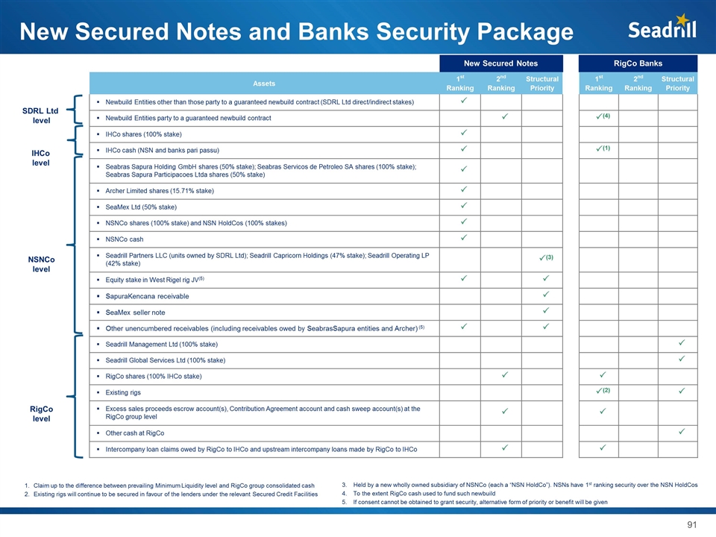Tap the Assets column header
[264, 84]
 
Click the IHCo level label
[41, 157]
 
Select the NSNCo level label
[41, 263]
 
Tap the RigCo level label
[41, 414]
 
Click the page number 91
[692, 525]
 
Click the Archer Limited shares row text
[160, 191]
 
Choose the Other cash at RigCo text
[136, 433]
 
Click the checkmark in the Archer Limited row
[463, 190]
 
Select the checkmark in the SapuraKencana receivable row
[545, 295]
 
